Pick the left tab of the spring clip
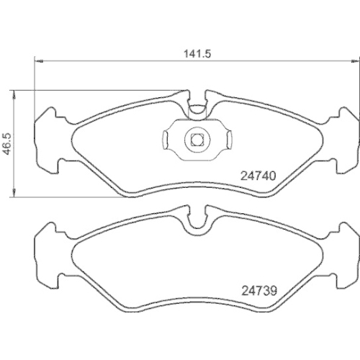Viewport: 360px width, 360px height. (x=167, y=139)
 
